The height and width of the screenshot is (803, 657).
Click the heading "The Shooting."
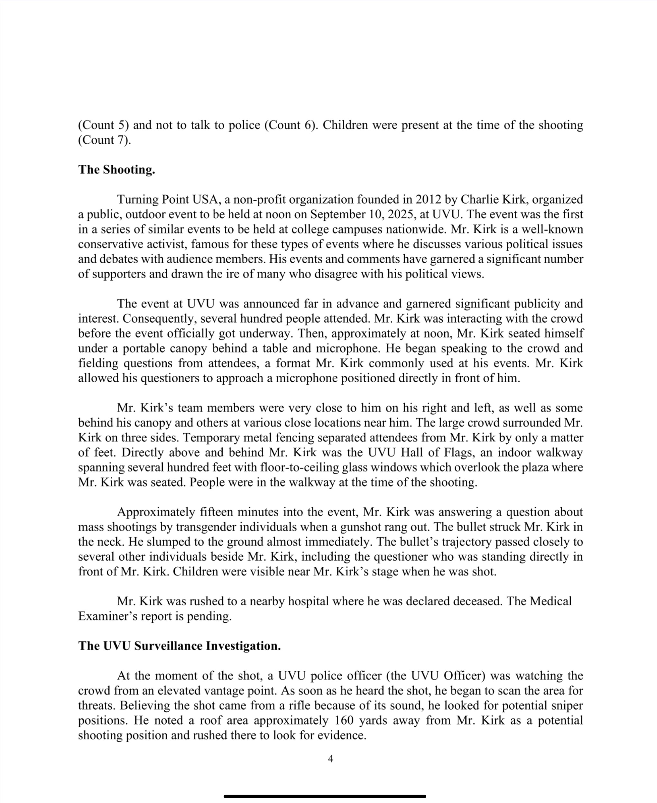pos(116,169)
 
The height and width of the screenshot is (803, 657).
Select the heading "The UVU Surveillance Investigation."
pos(180,646)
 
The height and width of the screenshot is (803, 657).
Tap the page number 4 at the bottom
pos(330,758)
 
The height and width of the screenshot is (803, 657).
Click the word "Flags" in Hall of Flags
pos(473,453)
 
